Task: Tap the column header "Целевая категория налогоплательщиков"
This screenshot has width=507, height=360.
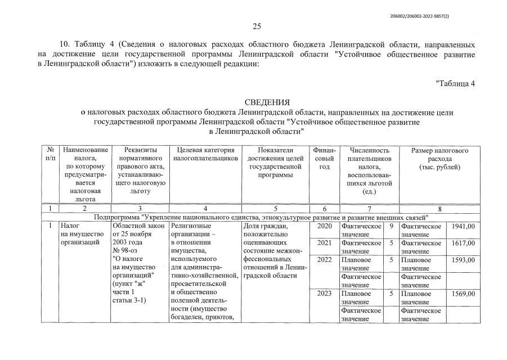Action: click(205, 155)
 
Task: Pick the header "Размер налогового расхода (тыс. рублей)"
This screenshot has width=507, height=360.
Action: click(439, 159)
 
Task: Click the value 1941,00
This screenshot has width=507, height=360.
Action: click(464, 226)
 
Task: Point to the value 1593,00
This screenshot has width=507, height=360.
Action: click(464, 260)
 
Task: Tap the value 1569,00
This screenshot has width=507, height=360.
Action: click(464, 294)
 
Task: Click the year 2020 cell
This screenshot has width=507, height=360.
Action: click(325, 226)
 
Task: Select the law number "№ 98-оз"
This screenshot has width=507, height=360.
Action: click(125, 251)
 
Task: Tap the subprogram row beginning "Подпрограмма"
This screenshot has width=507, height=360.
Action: click(262, 217)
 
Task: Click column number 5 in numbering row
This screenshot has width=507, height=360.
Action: click(275, 209)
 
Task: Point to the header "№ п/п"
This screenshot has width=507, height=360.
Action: click(51, 155)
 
